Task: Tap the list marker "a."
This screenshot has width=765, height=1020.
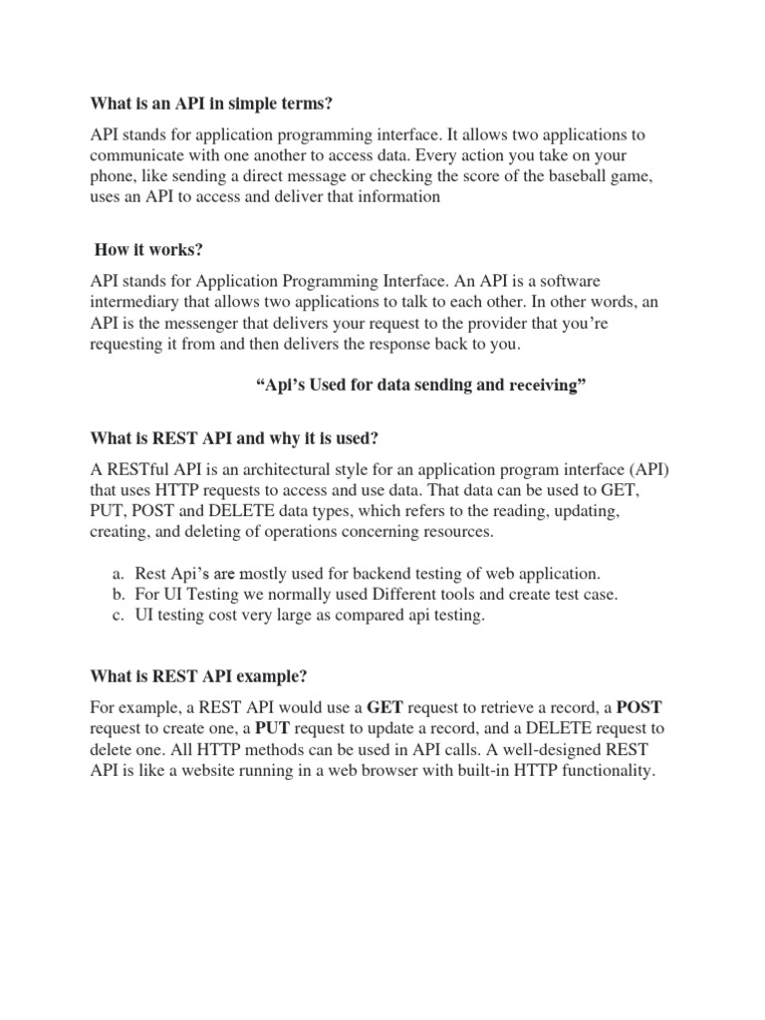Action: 117,573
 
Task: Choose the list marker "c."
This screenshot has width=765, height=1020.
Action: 117,616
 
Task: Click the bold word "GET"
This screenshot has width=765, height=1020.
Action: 384,707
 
